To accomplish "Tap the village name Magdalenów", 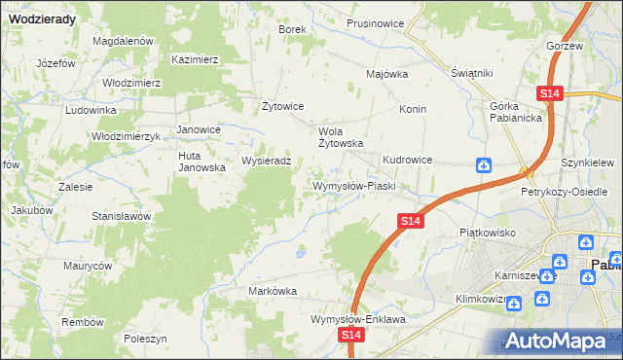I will pos(124,41).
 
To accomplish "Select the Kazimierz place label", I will pos(195,59).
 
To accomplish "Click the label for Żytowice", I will pos(284,106).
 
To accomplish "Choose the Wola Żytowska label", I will pos(342,136).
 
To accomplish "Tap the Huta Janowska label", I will pos(202,162).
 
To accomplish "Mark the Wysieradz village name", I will pos(266,161).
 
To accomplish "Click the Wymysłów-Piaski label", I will pos(352,185).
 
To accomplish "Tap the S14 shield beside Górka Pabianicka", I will pos(550,93).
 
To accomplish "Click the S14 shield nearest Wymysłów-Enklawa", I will pos(352,335).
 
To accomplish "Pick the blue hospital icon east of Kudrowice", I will pos(484,166).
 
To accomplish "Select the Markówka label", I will pos(273,291).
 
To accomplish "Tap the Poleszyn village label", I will pos(146,338).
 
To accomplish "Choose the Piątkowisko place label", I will pos(487,234).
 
